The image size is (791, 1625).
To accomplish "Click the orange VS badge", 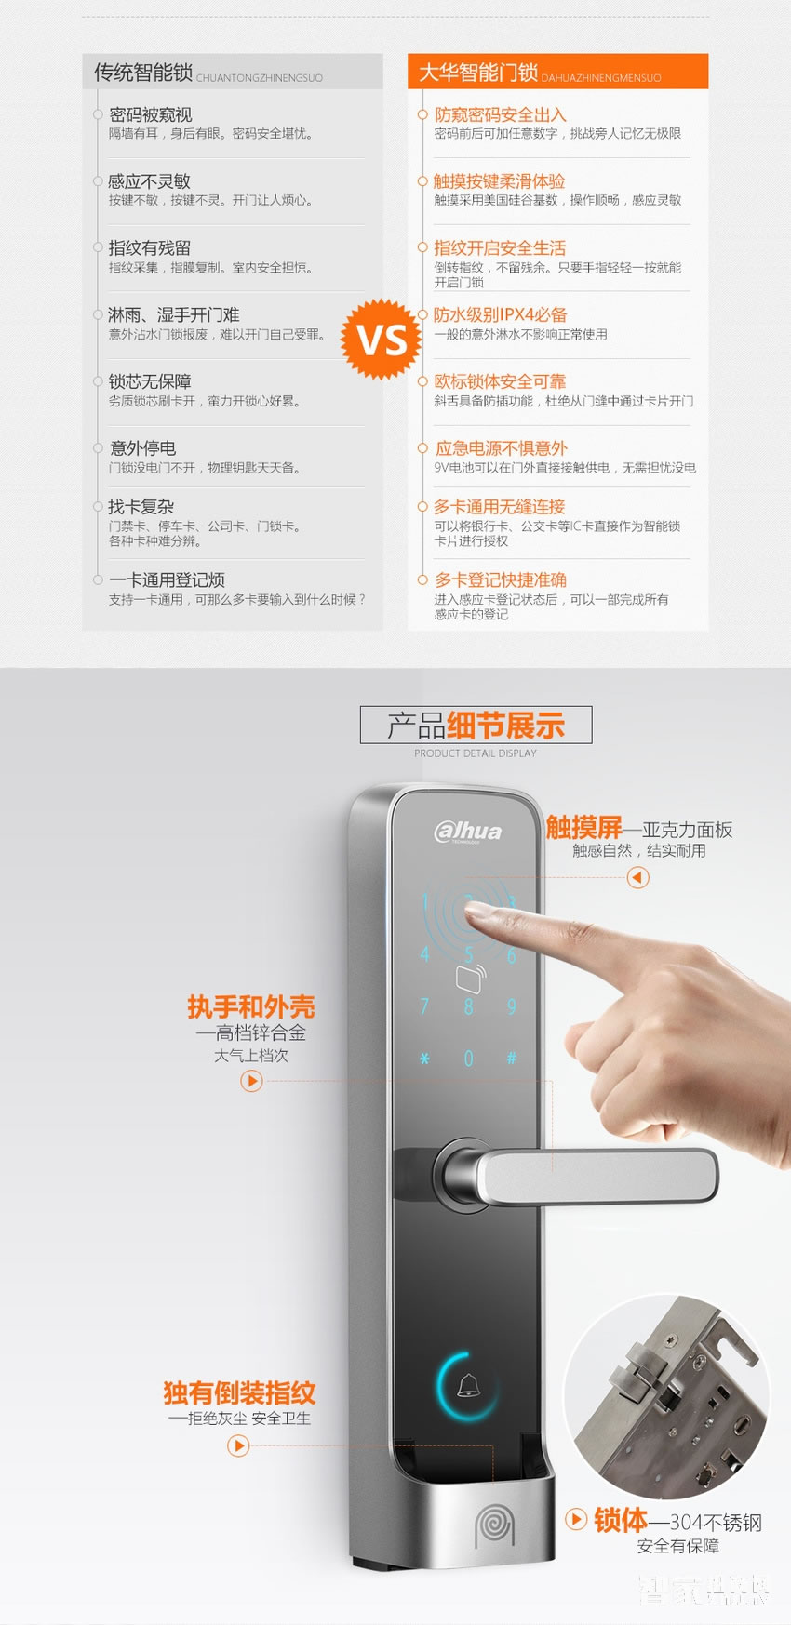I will (382, 340).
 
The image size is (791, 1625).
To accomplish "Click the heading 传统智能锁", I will (143, 73).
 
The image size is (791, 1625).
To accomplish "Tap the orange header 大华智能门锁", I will (478, 73).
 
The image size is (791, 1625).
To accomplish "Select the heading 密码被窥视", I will (151, 114).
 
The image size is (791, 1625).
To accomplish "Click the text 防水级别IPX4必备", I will (500, 314).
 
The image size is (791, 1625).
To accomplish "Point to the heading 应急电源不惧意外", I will (501, 448).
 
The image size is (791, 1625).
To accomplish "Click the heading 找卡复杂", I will (141, 507).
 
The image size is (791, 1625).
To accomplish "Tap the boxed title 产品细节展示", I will (476, 726).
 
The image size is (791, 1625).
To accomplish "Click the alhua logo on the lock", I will (468, 832).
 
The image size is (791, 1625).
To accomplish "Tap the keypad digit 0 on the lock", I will (468, 1059).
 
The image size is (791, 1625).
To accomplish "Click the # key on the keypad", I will (511, 1059).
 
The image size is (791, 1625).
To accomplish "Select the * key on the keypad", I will (424, 1059).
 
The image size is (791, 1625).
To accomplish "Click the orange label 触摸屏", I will (583, 827).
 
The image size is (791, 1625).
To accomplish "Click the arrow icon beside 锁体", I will (577, 1519).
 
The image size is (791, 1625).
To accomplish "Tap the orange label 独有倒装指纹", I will (239, 1392).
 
